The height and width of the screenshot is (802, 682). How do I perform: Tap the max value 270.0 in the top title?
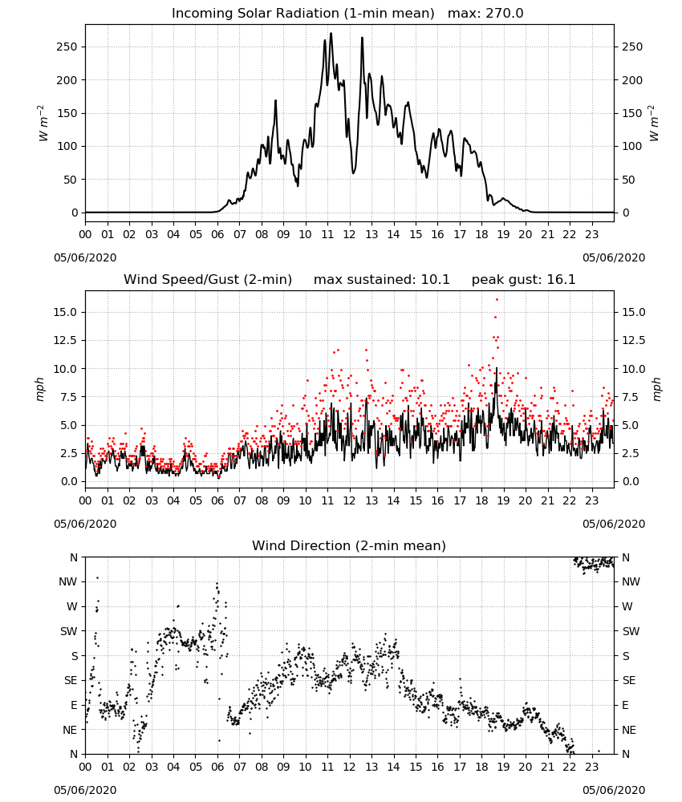[505, 13]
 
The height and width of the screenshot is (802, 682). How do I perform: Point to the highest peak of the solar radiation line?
[331, 34]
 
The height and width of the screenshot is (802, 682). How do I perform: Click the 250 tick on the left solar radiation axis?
[67, 47]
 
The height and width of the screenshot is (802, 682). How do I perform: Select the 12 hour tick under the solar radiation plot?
[350, 234]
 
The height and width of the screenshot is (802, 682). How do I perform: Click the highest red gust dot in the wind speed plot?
[497, 300]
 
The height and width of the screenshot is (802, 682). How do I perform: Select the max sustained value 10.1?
[436, 279]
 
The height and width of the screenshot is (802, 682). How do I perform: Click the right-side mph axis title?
[656, 389]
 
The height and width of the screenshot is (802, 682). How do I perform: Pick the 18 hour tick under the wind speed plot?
[481, 500]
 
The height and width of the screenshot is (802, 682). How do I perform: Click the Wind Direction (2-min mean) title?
[349, 545]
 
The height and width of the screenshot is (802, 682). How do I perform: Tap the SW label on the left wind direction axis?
[69, 631]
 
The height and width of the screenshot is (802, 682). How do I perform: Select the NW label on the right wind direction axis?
[631, 581]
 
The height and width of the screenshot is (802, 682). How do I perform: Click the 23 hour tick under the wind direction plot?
[592, 767]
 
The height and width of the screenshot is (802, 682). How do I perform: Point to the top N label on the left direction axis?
[74, 557]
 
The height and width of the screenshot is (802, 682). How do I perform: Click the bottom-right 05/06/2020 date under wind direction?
[614, 790]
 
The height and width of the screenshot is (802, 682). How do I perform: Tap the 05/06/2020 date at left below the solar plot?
[85, 257]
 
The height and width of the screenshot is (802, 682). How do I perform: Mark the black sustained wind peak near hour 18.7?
[497, 368]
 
